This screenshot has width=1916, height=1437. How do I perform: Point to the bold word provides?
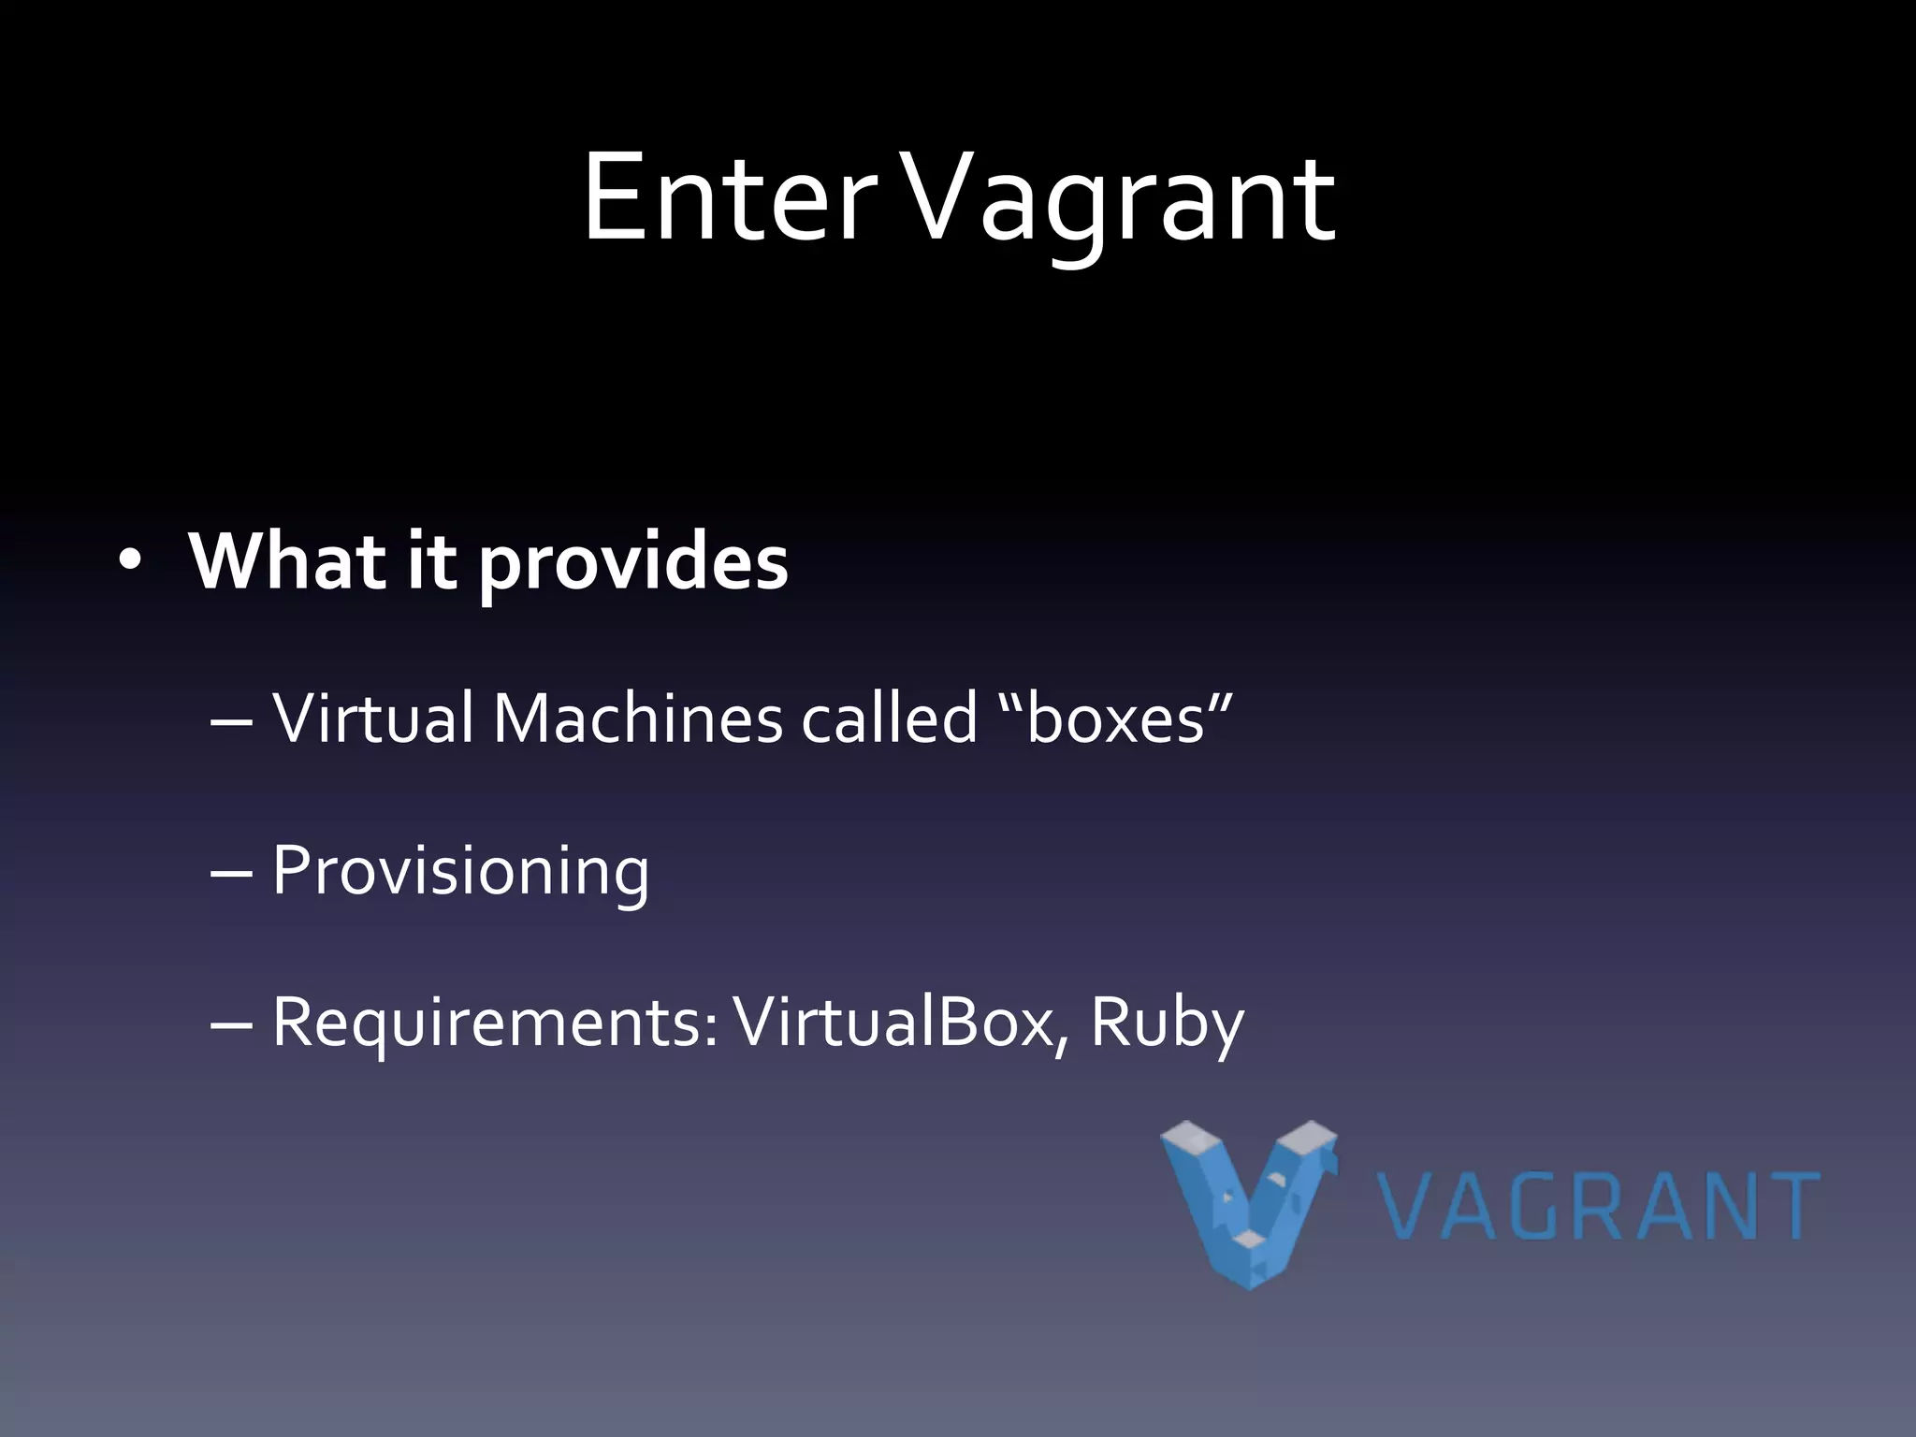pyautogui.click(x=633, y=567)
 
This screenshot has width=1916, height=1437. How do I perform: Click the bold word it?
pyautogui.click(x=431, y=561)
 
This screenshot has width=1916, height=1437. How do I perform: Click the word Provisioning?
pyautogui.click(x=460, y=872)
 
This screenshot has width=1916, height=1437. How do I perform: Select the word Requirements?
pyautogui.click(x=495, y=1023)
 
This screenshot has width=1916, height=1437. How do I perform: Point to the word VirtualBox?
pyautogui.click(x=894, y=1022)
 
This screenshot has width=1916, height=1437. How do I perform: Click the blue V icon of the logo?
pyautogui.click(x=1249, y=1203)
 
